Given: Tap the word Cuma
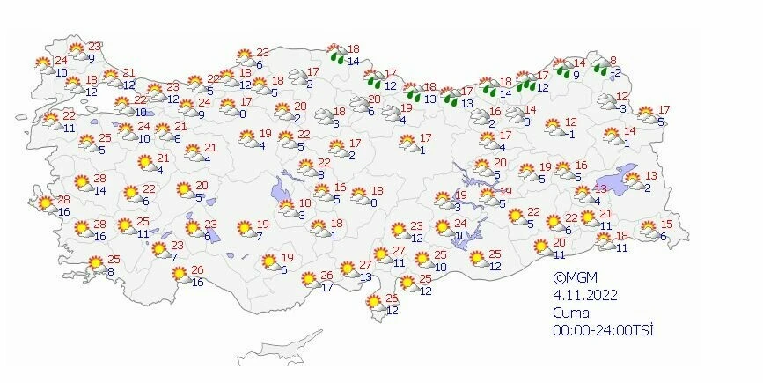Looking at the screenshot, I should point(568,313).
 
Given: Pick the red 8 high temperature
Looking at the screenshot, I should point(614,61).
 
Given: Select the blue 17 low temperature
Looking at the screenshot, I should point(326,287).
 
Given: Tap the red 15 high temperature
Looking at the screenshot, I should point(666,225).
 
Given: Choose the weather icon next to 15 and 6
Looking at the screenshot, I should point(649,232).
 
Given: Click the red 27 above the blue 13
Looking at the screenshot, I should point(365,265).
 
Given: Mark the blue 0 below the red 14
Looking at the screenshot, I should point(525,121).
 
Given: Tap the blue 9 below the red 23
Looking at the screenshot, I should point(92,58).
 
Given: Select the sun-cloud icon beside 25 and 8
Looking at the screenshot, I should point(94,264).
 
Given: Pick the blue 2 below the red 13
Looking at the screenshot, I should point(647,188).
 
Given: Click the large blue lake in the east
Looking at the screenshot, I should point(627,173).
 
